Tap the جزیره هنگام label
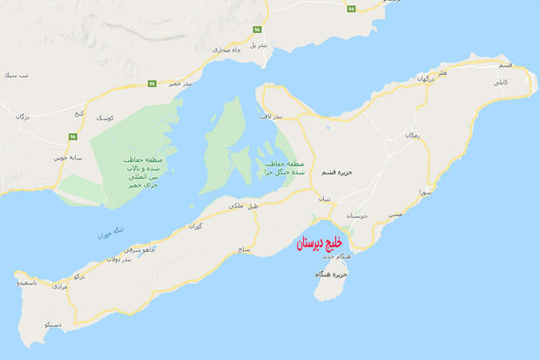point(334,275)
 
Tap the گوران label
point(196,226)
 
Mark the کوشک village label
point(105,116)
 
